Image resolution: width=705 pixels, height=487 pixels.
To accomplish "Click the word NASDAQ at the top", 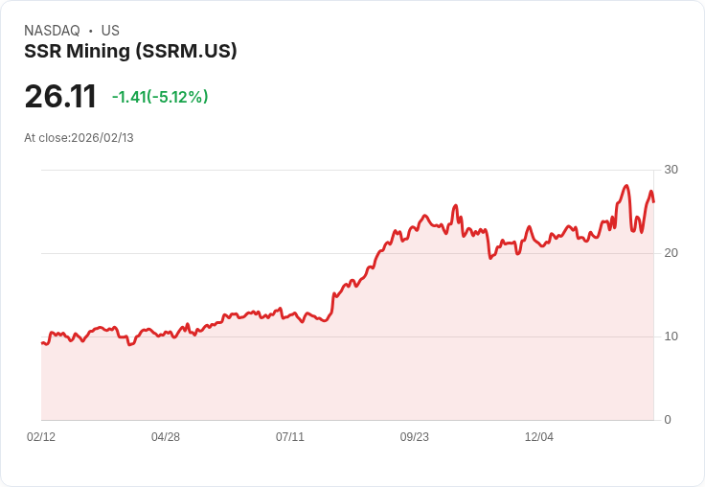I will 52,31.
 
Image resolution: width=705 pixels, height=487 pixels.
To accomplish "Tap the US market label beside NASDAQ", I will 110,31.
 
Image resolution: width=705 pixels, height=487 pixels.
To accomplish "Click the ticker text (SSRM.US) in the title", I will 190,52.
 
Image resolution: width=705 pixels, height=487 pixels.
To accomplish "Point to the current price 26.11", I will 60,97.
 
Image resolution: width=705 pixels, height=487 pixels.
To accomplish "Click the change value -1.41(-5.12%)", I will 160,97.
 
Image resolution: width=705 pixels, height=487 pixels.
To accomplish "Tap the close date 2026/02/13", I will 102,138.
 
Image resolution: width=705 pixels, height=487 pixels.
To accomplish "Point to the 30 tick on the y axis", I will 671,170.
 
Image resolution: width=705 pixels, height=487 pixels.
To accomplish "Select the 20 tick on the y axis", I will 671,253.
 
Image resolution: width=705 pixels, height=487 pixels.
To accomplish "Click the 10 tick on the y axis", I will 671,336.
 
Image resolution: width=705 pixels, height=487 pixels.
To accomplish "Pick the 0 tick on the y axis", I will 668,420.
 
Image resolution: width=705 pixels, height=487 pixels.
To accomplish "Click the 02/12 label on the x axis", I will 41,437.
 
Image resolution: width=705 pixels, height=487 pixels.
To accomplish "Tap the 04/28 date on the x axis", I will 166,437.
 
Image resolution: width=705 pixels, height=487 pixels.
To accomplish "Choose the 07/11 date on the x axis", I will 290,437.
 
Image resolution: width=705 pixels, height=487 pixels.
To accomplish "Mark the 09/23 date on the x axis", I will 415,437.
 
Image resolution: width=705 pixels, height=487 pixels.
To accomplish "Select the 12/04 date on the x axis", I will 539,437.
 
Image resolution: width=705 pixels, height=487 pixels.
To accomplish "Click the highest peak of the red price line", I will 626,186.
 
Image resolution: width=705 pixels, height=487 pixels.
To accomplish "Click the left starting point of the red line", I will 42,342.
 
